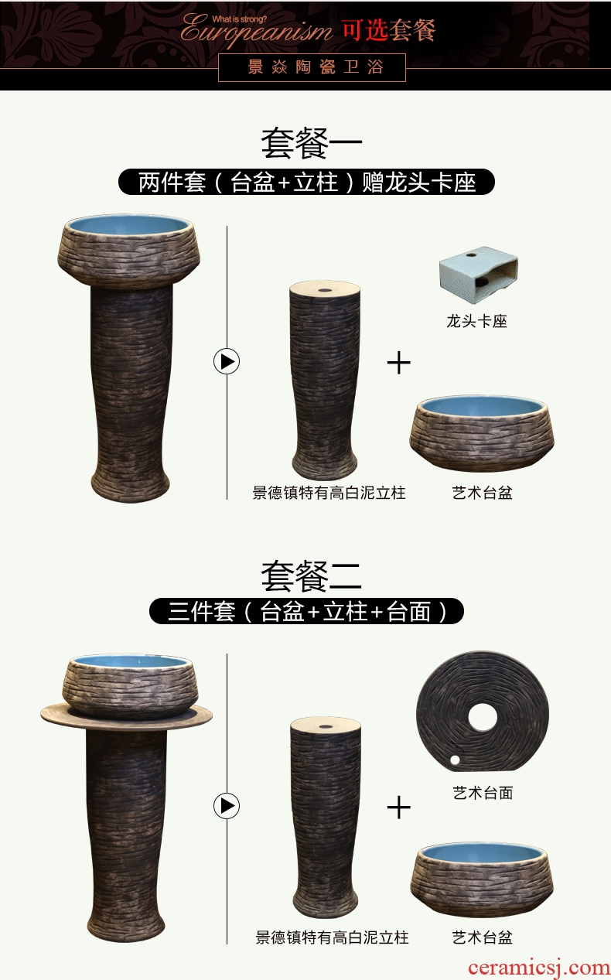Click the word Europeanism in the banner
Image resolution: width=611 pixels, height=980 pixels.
(256, 31)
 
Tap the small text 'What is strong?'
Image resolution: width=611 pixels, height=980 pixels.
(239, 19)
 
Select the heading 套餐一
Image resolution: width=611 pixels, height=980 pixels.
(312, 143)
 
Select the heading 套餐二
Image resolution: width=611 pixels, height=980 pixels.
(312, 576)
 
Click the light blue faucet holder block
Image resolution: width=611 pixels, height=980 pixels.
(479, 268)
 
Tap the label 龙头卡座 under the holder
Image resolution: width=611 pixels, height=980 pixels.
(476, 321)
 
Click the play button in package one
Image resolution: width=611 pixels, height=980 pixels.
(227, 361)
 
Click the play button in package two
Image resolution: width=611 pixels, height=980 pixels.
(227, 805)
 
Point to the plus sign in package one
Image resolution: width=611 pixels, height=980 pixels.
(399, 363)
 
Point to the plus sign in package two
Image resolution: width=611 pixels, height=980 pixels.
(399, 808)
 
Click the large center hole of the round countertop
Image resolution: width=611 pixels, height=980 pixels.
(483, 717)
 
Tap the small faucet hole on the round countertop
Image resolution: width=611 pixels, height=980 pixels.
(455, 760)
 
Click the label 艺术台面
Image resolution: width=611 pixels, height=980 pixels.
(483, 792)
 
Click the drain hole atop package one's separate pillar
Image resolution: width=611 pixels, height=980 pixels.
(325, 289)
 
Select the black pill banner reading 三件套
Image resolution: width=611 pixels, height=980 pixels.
(306, 611)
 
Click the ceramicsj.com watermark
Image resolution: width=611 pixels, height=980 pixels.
(539, 968)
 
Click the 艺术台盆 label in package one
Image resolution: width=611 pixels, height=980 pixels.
(482, 493)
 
